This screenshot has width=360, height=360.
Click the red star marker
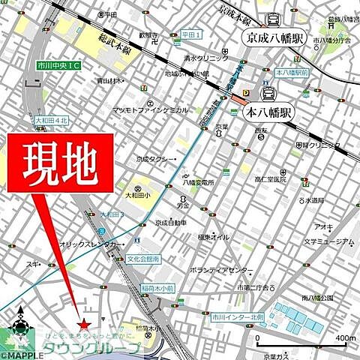click(85, 324)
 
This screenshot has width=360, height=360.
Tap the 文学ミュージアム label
click(325, 242)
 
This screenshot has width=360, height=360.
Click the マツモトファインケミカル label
click(150, 110)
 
